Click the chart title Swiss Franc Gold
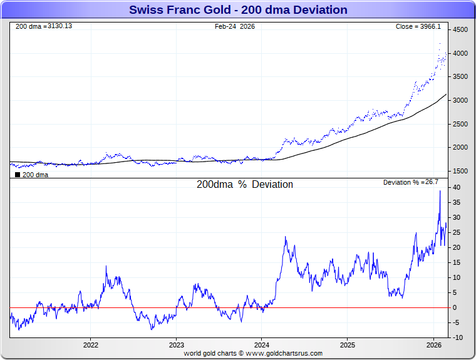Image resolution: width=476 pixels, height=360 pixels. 238,10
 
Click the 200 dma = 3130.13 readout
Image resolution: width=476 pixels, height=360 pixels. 43,26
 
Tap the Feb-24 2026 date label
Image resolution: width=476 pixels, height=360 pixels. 234,26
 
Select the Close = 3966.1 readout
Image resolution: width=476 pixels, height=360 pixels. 418,26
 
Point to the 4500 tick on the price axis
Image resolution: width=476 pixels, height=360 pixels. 460,30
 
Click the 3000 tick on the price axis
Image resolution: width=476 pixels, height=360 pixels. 460,100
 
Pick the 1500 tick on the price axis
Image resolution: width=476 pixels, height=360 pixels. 460,171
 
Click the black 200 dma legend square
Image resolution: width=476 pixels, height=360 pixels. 18,175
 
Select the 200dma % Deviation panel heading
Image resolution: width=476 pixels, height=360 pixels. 245,185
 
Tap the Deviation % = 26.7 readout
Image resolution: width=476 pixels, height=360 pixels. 410,182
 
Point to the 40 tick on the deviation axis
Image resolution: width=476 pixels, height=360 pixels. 458,187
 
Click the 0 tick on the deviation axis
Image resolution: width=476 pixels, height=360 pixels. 456,307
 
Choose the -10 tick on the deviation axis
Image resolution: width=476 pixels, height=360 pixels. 458,337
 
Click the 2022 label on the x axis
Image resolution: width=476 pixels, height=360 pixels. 91,345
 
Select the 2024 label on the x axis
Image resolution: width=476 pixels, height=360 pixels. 262,345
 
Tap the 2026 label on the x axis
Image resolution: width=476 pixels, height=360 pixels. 433,345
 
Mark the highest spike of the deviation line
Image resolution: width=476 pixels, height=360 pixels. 440,191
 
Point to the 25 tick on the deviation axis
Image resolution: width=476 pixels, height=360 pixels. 458,232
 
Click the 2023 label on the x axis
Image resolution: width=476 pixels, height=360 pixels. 177,345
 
